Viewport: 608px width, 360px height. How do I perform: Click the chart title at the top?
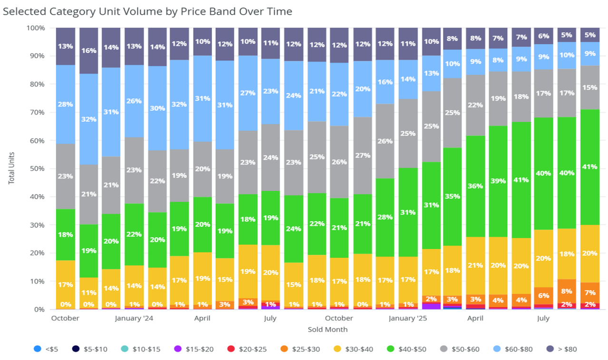point(147,10)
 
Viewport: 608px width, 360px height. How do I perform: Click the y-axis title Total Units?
point(11,169)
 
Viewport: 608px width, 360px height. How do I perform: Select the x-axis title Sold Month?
point(327,330)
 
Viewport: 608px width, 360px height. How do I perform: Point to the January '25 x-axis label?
point(408,318)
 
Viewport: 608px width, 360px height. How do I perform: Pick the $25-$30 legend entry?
point(302,349)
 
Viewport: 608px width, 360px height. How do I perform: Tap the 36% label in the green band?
point(475,186)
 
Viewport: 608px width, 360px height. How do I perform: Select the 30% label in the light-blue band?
point(157,108)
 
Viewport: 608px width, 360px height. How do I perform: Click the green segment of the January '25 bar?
point(408,204)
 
